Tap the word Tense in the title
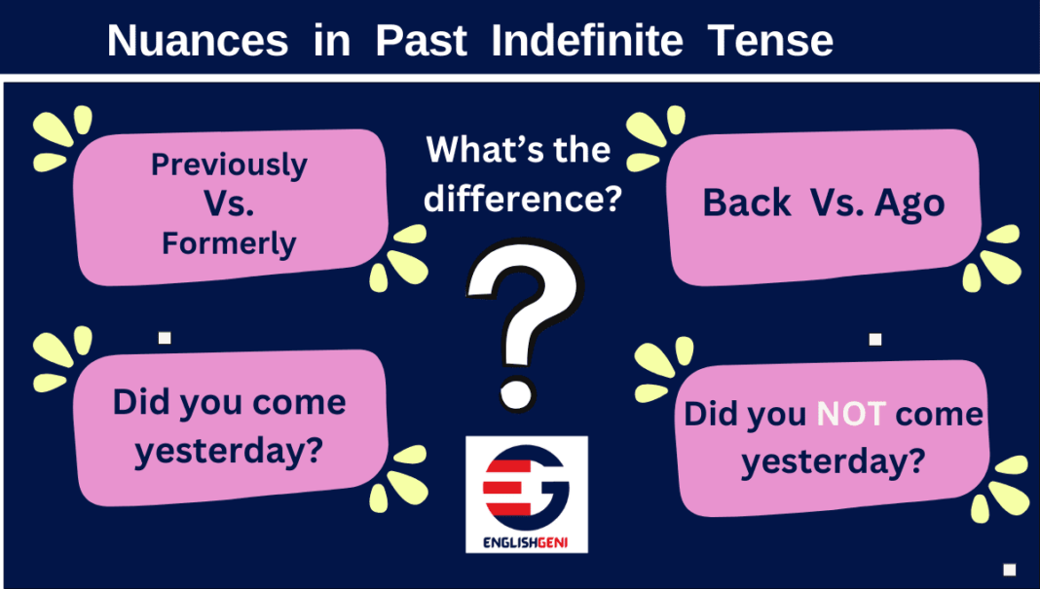tap(770, 41)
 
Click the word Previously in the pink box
tap(229, 165)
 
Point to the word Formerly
tap(229, 242)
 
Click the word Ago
tap(910, 202)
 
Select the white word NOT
tap(850, 414)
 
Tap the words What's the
tap(519, 150)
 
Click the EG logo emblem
tap(526, 483)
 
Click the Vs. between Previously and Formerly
tap(229, 203)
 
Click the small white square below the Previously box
tap(165, 338)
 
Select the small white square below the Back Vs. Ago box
tap(874, 339)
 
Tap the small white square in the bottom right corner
tap(1009, 570)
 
